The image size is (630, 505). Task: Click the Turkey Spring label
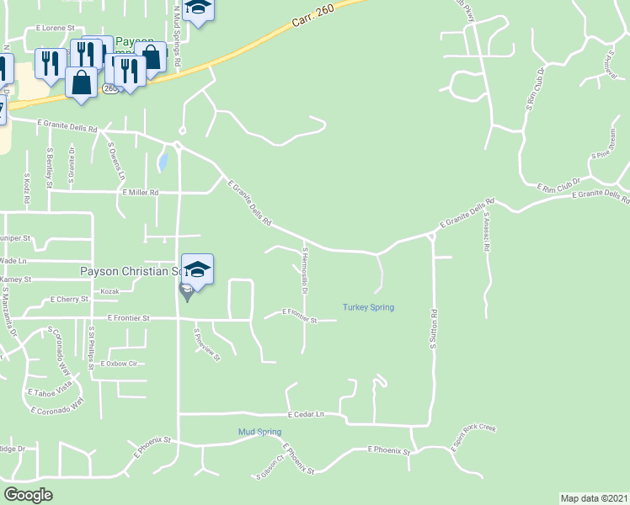(369, 307)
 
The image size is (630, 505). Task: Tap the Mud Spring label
(259, 432)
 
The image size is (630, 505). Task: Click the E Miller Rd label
(140, 192)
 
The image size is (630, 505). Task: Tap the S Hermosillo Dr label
(305, 270)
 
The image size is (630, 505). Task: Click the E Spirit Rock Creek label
(473, 439)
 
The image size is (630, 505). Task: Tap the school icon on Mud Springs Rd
(199, 8)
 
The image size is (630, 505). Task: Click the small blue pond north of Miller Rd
(164, 160)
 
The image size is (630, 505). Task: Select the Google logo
(29, 495)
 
